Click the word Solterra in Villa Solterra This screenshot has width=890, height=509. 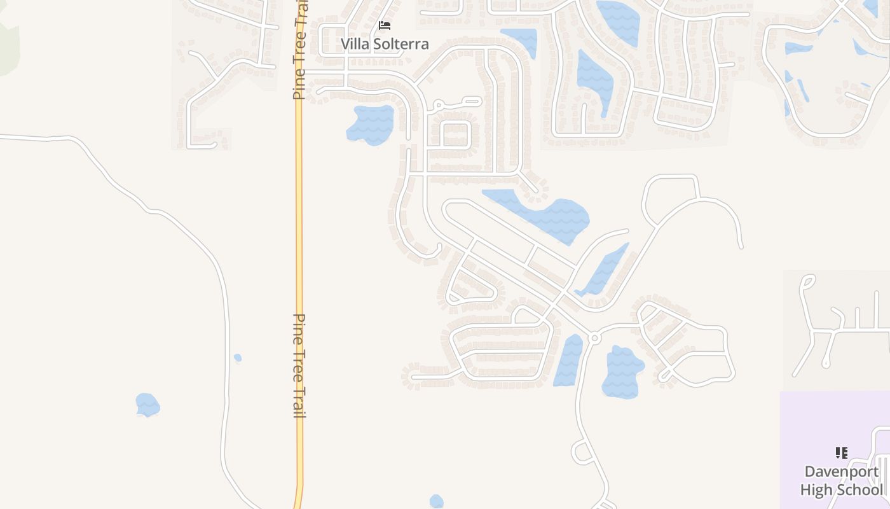pyautogui.click(x=400, y=44)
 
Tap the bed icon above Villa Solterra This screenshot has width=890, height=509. pyautogui.click(x=384, y=25)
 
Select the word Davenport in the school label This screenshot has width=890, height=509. pyautogui.click(x=842, y=471)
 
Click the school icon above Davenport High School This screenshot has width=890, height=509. pyautogui.click(x=842, y=453)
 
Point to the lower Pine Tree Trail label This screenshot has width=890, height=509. pyautogui.click(x=299, y=365)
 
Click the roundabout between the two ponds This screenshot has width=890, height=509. pyautogui.click(x=594, y=338)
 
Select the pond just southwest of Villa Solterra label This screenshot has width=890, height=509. pyautogui.click(x=371, y=124)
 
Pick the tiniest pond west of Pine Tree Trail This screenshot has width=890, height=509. pyautogui.click(x=238, y=358)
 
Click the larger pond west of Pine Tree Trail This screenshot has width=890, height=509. pyautogui.click(x=147, y=405)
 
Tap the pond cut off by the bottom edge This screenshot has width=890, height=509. pyautogui.click(x=436, y=502)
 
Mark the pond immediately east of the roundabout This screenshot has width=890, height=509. pyautogui.click(x=622, y=372)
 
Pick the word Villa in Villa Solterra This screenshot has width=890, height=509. pyautogui.click(x=355, y=44)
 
